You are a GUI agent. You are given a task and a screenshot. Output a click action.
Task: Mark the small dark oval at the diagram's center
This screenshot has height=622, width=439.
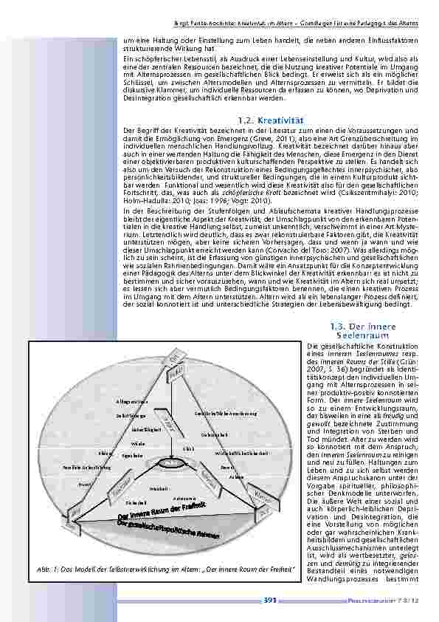tap(176, 461)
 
